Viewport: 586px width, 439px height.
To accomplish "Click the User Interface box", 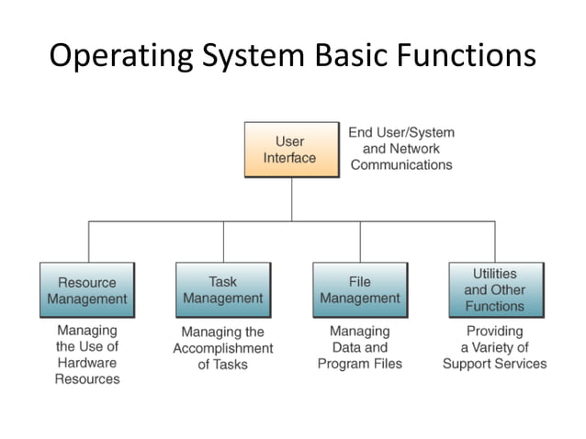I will pyautogui.click(x=290, y=150).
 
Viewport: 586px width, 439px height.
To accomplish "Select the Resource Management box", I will pyautogui.click(x=87, y=291).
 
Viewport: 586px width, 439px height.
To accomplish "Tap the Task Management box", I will pyautogui.click(x=223, y=290).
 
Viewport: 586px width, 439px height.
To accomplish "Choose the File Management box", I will pyautogui.click(x=359, y=290).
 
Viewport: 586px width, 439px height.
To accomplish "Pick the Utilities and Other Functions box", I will pyautogui.click(x=495, y=290).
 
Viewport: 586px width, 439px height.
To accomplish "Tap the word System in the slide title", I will pyautogui.click(x=249, y=57).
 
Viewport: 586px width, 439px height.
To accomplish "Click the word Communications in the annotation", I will pyautogui.click(x=401, y=165).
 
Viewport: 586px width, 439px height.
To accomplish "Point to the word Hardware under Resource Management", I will pyautogui.click(x=87, y=363).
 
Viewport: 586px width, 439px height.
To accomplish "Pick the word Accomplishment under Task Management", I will pyautogui.click(x=223, y=349).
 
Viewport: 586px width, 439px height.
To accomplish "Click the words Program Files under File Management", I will pyautogui.click(x=360, y=364).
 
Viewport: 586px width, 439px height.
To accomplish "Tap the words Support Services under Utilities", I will pyautogui.click(x=494, y=364).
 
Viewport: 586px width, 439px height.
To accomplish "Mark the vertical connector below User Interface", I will pyautogui.click(x=292, y=199).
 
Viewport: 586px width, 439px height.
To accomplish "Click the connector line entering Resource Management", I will pyautogui.click(x=89, y=242).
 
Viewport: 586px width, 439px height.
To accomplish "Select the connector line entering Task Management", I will pyautogui.click(x=223, y=242).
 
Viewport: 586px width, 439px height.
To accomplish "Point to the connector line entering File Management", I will pyautogui.click(x=360, y=242).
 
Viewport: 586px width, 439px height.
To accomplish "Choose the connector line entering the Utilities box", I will pyautogui.click(x=495, y=242).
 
